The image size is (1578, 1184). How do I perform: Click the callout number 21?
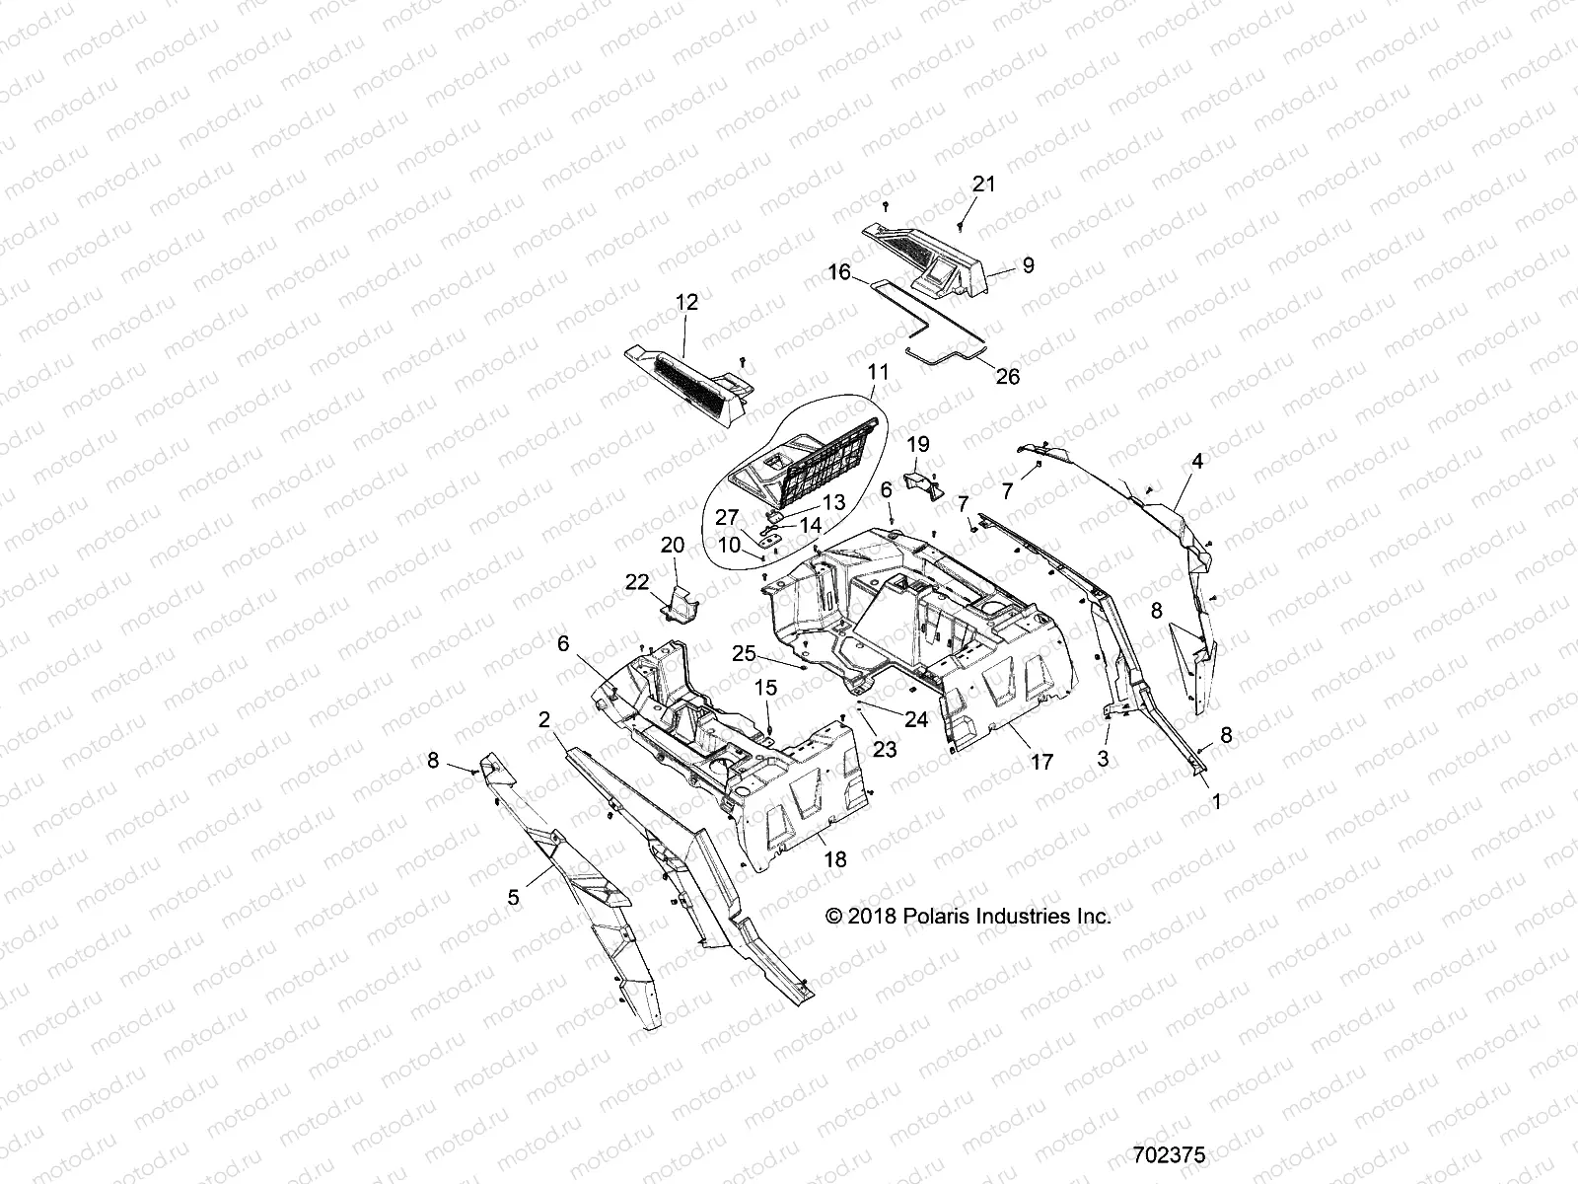[984, 185]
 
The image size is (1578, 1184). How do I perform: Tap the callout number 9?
[1028, 265]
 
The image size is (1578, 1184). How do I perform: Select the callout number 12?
[686, 303]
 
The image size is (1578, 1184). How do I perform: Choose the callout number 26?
[1007, 376]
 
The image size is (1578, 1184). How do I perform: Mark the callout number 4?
[1197, 461]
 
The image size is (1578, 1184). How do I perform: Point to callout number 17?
[1041, 762]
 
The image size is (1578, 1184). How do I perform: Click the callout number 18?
[834, 860]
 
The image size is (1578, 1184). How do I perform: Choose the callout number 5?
[513, 897]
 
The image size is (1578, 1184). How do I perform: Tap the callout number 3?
[1103, 759]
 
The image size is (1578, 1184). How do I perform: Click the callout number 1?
[1216, 803]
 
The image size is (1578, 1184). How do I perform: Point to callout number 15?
[766, 687]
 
